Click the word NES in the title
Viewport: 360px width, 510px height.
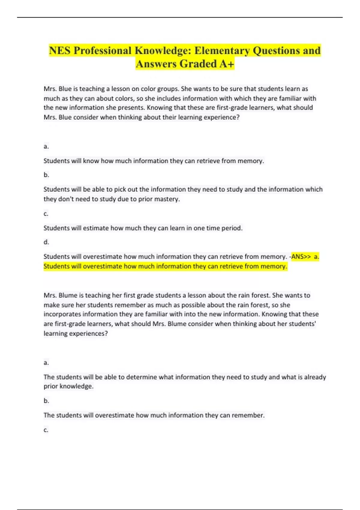pos(60,50)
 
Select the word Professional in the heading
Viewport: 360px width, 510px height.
pos(103,50)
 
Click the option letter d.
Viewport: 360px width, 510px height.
pos(46,242)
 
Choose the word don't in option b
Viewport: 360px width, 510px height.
pos(65,199)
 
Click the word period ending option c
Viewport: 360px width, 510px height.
pos(232,228)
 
